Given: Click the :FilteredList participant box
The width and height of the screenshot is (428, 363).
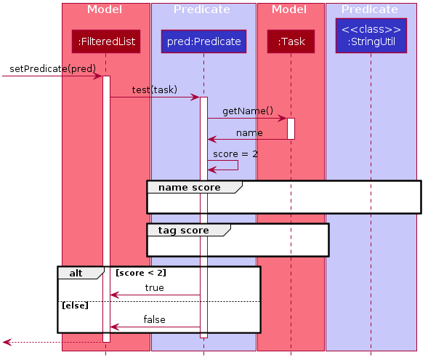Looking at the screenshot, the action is (106, 41).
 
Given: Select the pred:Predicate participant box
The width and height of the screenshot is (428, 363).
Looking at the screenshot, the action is (203, 41).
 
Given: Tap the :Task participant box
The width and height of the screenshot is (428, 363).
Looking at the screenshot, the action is (291, 41).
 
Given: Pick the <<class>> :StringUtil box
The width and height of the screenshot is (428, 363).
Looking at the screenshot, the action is (371, 36).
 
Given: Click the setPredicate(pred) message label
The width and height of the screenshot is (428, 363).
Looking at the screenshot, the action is (52, 68).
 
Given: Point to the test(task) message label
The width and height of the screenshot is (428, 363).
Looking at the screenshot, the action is (155, 89).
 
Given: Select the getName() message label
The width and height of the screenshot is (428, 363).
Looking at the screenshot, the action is (248, 111).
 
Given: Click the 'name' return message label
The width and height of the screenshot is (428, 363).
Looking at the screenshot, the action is (249, 133).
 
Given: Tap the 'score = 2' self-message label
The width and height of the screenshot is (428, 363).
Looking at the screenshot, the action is (235, 154).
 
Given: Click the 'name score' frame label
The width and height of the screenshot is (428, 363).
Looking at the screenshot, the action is (190, 188).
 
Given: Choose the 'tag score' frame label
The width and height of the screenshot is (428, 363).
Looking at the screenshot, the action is (183, 231).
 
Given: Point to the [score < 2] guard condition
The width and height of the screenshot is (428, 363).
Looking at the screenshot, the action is (141, 273).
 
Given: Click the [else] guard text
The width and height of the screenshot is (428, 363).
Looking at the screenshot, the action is (76, 306).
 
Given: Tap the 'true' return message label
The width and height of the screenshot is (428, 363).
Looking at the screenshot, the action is (155, 288).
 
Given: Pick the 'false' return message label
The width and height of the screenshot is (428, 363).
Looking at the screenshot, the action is (155, 319).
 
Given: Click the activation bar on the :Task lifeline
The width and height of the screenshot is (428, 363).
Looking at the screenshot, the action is (291, 129).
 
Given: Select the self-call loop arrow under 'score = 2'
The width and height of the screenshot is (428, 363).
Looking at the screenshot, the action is (238, 165).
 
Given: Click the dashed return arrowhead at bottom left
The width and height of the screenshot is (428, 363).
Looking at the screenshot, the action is (7, 342).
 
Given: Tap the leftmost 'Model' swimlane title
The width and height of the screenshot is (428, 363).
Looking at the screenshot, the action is (105, 9).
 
